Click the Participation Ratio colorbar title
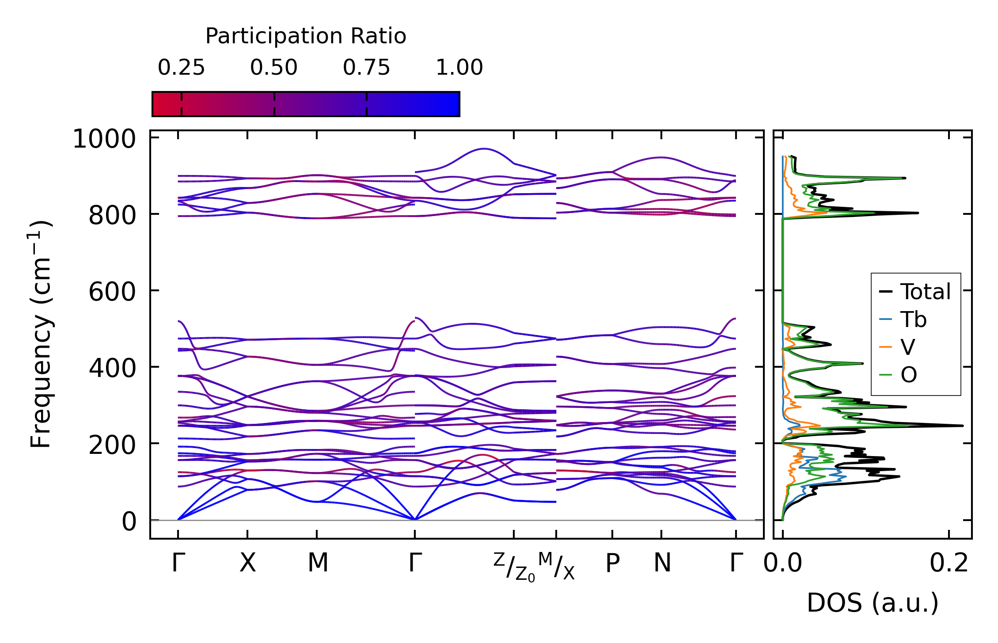pyautogui.click(x=306, y=36)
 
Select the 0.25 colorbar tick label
pyautogui.click(x=181, y=68)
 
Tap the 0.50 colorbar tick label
pyautogui.click(x=274, y=68)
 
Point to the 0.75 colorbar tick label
pyautogui.click(x=367, y=68)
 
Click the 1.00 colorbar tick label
pyautogui.click(x=459, y=68)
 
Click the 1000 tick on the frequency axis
pyautogui.click(x=104, y=139)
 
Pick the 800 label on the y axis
pyautogui.click(x=112, y=216)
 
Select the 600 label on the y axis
pyautogui.click(x=112, y=292)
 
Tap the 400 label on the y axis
pyautogui.click(x=112, y=369)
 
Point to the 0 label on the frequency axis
pyautogui.click(x=129, y=521)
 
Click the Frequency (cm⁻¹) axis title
pyautogui.click(x=41, y=334)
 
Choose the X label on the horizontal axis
pyautogui.click(x=247, y=563)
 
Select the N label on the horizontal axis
pyautogui.click(x=662, y=563)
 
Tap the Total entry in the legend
pyautogui.click(x=926, y=292)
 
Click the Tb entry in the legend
pyautogui.click(x=913, y=320)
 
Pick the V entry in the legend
pyautogui.click(x=907, y=347)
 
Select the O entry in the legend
pyautogui.click(x=909, y=375)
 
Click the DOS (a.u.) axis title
pyautogui.click(x=873, y=603)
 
